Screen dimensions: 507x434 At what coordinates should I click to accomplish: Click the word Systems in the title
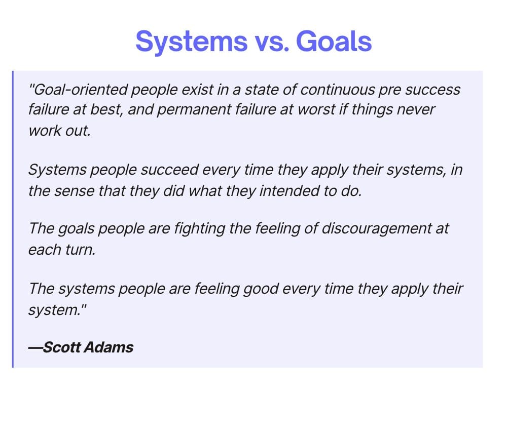[x=192, y=42]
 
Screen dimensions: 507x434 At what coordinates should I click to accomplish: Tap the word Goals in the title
[x=334, y=41]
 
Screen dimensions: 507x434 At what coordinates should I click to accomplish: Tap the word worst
[x=316, y=109]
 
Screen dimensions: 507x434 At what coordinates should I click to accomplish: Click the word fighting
[x=199, y=228]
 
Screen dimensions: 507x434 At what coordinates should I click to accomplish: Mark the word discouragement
[x=376, y=228]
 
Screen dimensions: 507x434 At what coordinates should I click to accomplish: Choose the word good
[x=261, y=289]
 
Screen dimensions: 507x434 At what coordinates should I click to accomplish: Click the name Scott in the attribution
[x=61, y=347]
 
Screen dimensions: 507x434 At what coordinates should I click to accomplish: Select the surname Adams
[x=109, y=347]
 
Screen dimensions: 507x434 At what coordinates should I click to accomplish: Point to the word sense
[x=74, y=191]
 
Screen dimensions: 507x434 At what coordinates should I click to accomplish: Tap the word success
[x=432, y=90]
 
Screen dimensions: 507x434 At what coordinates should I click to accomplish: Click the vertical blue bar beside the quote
[x=13, y=219]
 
